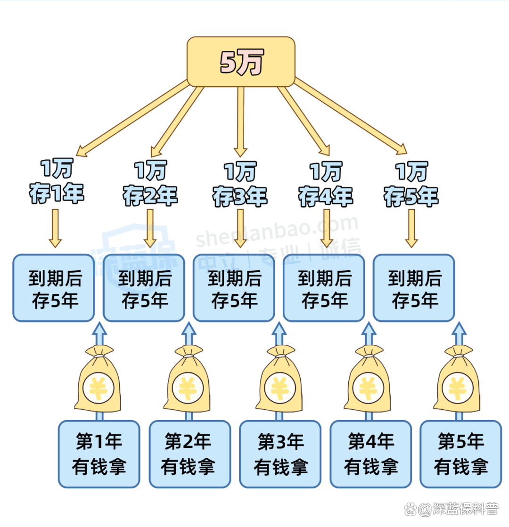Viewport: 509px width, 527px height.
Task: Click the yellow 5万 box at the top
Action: [241, 61]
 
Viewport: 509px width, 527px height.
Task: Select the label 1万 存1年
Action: [56, 183]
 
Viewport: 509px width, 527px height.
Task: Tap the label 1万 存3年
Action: [240, 184]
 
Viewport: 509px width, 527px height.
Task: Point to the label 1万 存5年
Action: [411, 184]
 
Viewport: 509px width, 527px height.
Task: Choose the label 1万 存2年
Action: [150, 184]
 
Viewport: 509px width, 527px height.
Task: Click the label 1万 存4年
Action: [325, 184]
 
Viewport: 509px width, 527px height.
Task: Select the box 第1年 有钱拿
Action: [99, 454]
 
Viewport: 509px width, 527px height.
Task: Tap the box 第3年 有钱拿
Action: [280, 454]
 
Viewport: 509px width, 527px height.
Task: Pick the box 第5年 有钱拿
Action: [460, 454]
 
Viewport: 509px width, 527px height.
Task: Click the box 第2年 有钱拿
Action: [189, 454]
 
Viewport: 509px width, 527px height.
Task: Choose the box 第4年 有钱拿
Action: [370, 454]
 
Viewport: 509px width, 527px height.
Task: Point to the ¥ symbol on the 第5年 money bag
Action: [457, 389]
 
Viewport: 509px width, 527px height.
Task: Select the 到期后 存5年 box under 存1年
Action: [54, 288]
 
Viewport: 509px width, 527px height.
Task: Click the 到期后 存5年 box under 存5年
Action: [414, 288]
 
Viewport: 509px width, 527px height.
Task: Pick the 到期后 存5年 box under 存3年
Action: [234, 288]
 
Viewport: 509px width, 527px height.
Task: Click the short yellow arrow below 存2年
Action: [150, 228]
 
